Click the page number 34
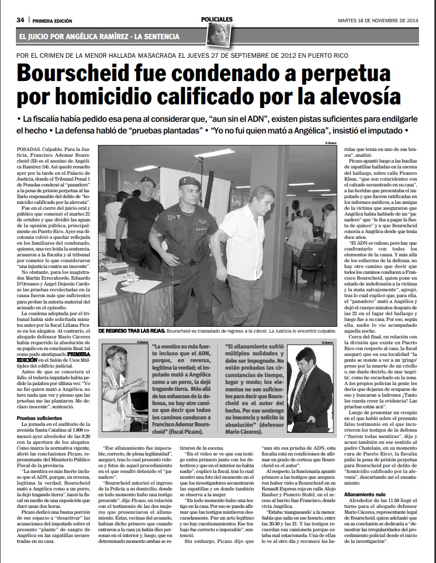coord(20,20)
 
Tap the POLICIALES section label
coord(217,19)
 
